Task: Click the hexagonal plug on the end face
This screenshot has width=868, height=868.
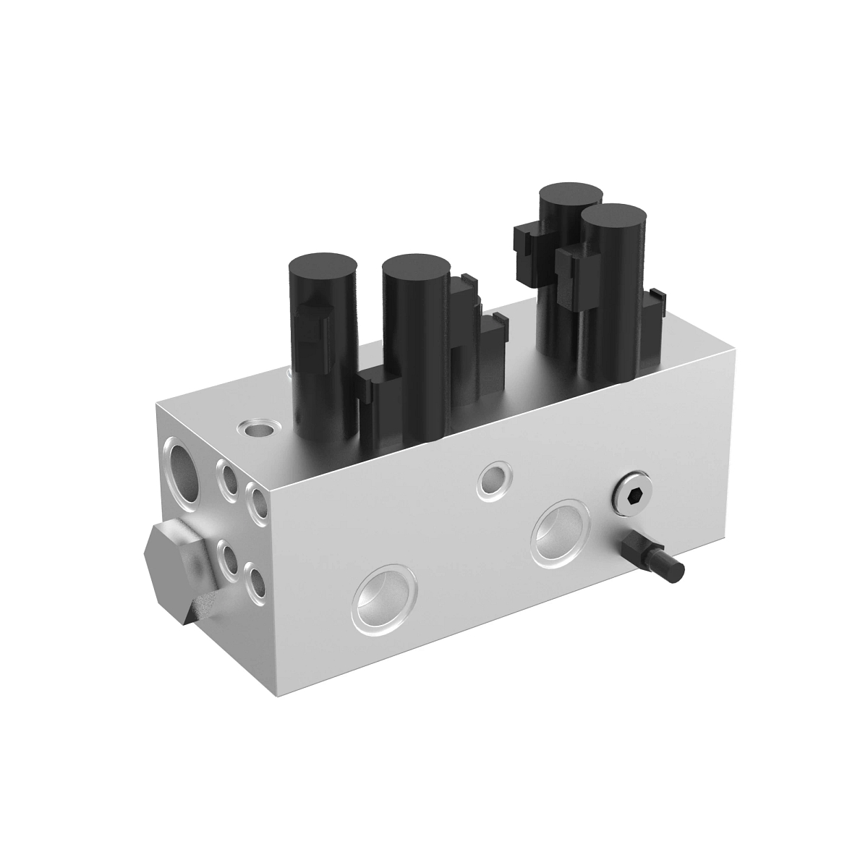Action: click(181, 569)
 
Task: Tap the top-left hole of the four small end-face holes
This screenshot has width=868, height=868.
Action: click(231, 478)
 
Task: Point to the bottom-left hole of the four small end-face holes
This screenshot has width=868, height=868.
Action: click(231, 558)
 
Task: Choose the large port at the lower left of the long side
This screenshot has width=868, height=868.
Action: click(385, 595)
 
